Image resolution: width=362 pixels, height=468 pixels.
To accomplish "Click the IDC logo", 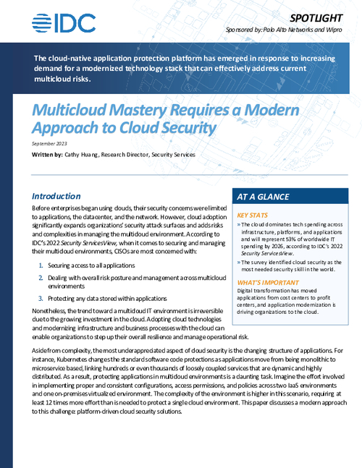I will coord(64,23).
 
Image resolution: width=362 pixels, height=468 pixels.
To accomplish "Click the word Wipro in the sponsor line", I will coord(340,33).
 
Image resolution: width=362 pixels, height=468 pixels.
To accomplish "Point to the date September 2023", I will coord(50,145).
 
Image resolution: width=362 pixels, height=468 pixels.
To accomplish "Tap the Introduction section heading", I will coord(56,196).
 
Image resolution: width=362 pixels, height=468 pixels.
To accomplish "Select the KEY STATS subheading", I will coord(254,216).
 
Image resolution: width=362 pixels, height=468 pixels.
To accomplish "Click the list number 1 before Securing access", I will coord(40,266).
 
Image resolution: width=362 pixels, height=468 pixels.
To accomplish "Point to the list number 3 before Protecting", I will coord(40,298).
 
